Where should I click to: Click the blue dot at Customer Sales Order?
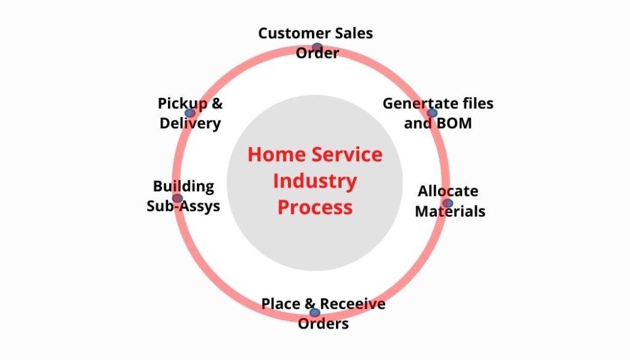pos(317,47)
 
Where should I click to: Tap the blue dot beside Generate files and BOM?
pos(432,113)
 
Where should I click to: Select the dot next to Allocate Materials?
pos(447,203)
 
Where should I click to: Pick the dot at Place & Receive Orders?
pos(315,313)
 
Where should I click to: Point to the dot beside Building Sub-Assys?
pos(177,198)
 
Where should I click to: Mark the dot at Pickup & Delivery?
pos(190,113)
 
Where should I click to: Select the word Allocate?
pos(448,191)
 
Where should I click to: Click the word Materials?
pos(450,212)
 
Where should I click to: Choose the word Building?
pos(183,186)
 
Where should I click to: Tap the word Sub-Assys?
pos(183,206)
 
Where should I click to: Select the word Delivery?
pos(190,123)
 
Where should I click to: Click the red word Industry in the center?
pos(314,182)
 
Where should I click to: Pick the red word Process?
pos(315,207)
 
